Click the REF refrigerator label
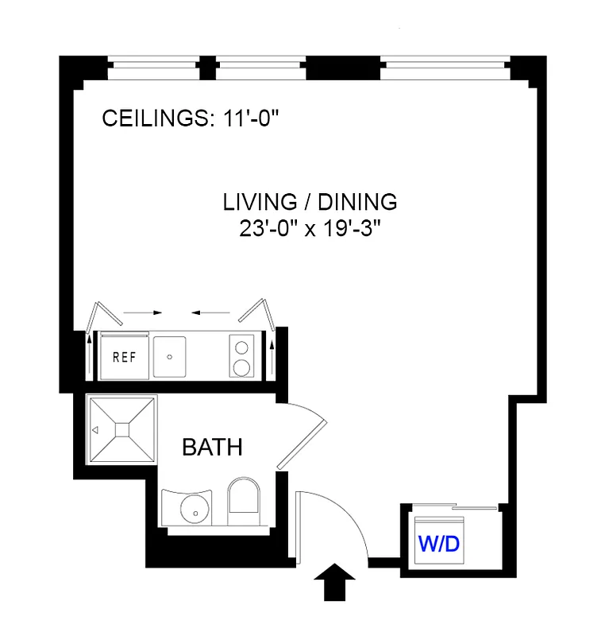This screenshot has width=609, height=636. pos(124,356)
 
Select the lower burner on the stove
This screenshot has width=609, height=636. pos(241,368)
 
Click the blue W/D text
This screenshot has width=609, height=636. pos(440,545)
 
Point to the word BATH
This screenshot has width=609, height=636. pos(212,448)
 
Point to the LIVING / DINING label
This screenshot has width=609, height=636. pos(310,202)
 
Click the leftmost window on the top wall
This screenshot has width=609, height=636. pos(152,68)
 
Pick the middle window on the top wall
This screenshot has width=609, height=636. pos(261,68)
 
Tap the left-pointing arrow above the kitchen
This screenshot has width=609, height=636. pos(209,312)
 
